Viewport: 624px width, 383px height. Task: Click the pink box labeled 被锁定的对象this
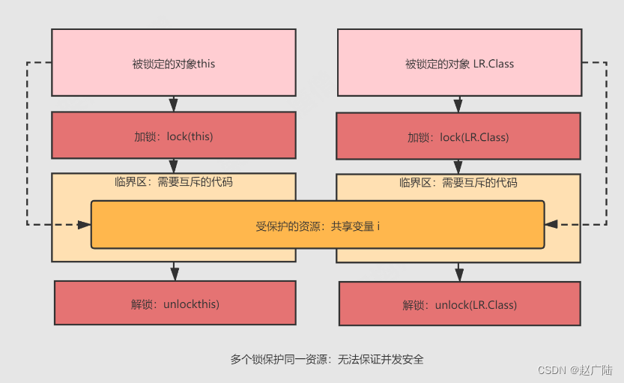click(173, 64)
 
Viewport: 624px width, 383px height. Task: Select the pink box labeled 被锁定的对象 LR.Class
click(459, 64)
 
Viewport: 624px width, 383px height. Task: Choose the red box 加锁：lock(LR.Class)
click(458, 137)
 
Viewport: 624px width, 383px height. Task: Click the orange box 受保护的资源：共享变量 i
click(318, 225)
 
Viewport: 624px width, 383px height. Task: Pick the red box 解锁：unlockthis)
click(175, 304)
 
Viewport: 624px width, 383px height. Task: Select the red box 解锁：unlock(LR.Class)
click(459, 305)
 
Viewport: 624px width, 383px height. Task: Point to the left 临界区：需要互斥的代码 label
click(173, 181)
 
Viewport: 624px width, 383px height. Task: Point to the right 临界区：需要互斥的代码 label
click(458, 182)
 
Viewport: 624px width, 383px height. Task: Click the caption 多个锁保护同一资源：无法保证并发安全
click(327, 359)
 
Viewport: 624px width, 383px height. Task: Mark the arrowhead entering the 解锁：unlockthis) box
click(174, 274)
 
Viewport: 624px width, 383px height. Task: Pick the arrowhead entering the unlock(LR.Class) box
click(458, 275)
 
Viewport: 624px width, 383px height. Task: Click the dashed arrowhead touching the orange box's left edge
click(84, 223)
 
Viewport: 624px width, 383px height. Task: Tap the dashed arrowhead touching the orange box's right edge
click(551, 223)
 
